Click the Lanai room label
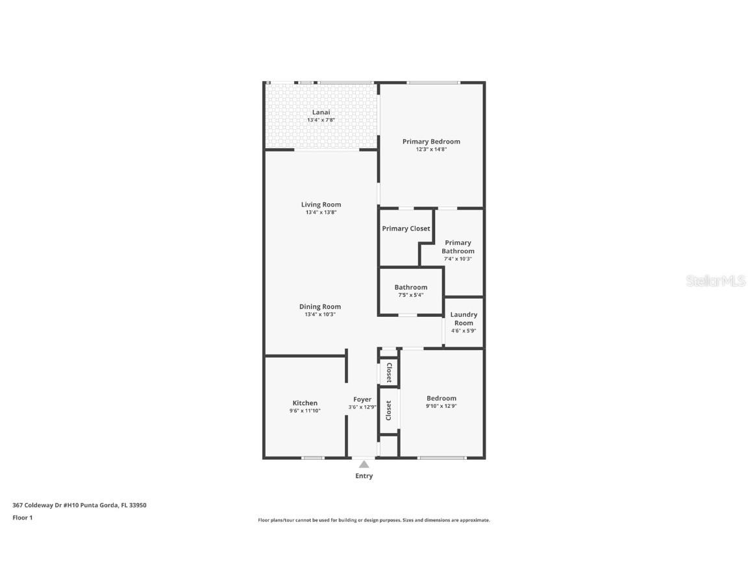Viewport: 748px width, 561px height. point(321,112)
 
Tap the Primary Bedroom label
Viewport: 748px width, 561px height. point(431,142)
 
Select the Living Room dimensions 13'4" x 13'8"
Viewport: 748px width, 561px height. point(321,212)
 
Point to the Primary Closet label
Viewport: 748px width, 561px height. point(406,229)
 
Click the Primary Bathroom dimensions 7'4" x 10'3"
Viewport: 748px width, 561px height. point(458,258)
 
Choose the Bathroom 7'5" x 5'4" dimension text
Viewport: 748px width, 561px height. point(410,295)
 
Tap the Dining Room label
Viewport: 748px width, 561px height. point(320,306)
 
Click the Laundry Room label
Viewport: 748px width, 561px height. point(464,319)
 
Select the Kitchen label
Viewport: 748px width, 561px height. point(305,403)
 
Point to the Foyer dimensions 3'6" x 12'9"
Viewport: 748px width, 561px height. point(362,407)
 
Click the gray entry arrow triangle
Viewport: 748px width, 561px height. point(364,464)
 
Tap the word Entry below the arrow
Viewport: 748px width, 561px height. point(364,476)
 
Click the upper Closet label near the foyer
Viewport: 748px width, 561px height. point(389,373)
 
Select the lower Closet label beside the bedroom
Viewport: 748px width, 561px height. point(389,410)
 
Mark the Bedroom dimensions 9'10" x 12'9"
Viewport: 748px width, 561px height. point(441,406)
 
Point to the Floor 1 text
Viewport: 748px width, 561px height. point(22,517)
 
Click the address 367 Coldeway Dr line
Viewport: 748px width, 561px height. point(79,505)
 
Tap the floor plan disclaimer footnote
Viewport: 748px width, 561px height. point(374,520)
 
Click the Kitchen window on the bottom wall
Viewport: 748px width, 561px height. point(313,458)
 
